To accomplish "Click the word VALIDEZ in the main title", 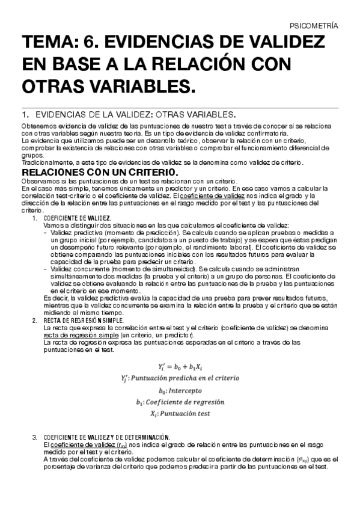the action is [x=284, y=44].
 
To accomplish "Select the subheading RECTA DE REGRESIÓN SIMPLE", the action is [x=75, y=321].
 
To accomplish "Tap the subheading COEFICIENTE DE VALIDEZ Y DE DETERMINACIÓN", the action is [x=108, y=437].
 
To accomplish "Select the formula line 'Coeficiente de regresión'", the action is [x=180, y=402].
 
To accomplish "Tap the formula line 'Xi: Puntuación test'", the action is [x=180, y=414].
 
